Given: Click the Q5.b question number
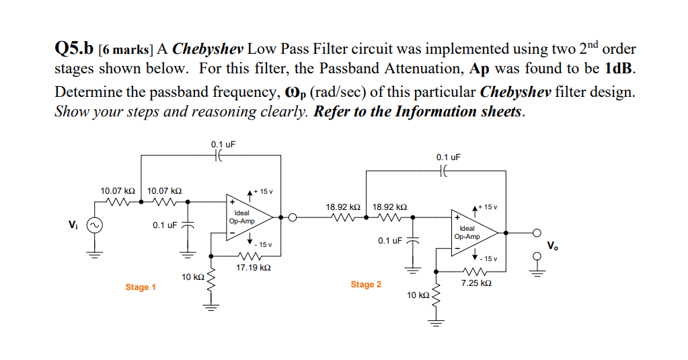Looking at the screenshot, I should tap(73, 49).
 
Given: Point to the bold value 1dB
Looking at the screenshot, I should tap(619, 69).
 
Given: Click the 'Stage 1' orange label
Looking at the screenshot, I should tap(141, 287).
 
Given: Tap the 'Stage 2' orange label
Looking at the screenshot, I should tap(366, 285).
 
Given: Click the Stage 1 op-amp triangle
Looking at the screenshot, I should tap(246, 217).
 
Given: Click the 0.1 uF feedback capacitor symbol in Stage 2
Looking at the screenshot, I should tap(445, 172).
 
